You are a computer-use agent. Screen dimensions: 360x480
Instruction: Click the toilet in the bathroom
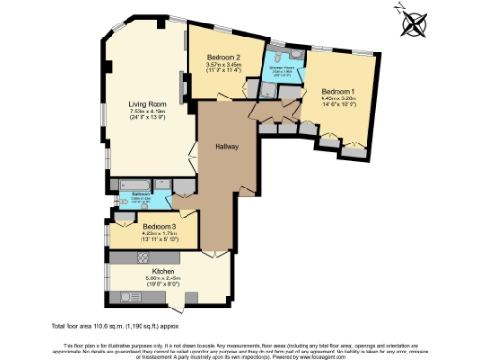[x=123, y=202]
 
